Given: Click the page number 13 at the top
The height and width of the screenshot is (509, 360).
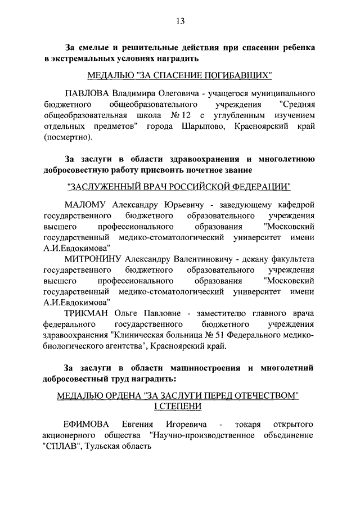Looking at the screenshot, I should click(x=180, y=21).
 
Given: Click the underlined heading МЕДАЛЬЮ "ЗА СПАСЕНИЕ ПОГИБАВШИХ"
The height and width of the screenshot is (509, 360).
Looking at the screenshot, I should click(x=180, y=75).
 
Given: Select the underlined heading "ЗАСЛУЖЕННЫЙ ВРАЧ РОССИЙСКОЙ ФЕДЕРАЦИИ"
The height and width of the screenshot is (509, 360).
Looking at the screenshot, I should click(x=180, y=186).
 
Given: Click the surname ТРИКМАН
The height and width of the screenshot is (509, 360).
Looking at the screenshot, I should click(x=90, y=313).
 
